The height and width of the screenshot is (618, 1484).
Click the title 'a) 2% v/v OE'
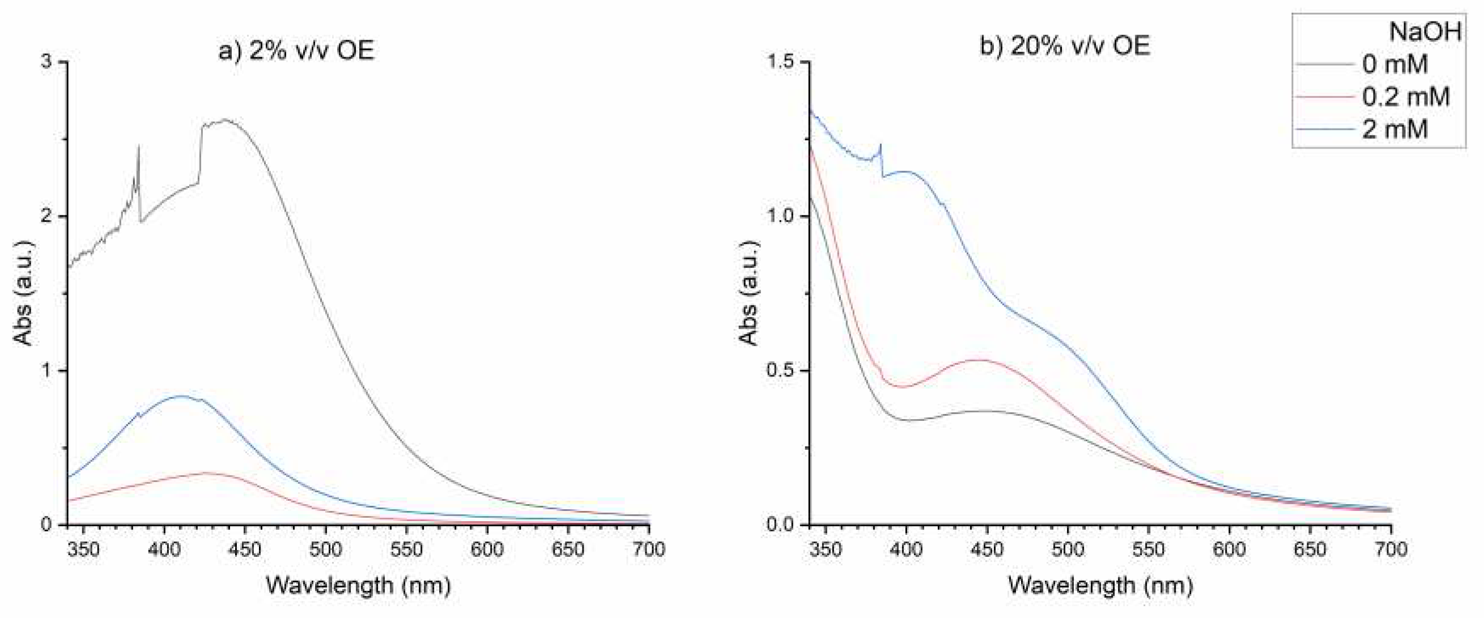pos(296,50)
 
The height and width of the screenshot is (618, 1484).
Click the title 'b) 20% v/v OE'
pos(1065,46)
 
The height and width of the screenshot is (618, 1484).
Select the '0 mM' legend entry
pos(1394,64)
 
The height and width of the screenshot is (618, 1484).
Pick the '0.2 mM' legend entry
pos(1405,96)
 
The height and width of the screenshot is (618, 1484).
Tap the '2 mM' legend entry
pos(1394,129)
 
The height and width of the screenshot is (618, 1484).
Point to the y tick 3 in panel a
pos(46,62)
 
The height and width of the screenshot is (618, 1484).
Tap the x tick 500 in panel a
pos(325,549)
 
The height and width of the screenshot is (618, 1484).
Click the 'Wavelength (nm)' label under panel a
pos(358,586)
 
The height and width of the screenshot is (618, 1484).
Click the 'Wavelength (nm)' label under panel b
pos(1100,586)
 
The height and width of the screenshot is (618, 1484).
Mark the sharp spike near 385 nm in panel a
pos(139,147)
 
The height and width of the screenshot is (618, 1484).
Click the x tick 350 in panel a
pos(83,549)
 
